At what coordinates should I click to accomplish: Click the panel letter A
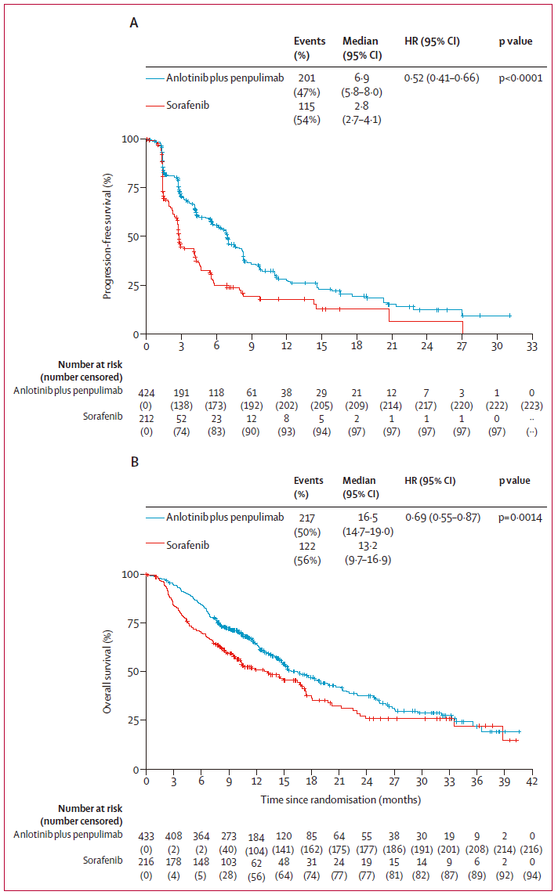[x=134, y=23]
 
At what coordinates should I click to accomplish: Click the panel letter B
[x=134, y=463]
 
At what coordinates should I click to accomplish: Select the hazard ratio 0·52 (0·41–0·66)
[x=441, y=78]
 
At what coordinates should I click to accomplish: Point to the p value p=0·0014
[x=521, y=517]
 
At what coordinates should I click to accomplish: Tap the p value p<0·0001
[x=521, y=78]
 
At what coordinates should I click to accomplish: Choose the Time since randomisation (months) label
[x=340, y=799]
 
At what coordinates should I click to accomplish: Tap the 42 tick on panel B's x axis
[x=531, y=781]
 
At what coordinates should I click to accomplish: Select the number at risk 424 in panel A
[x=147, y=391]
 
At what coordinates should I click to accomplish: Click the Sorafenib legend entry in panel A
[x=191, y=104]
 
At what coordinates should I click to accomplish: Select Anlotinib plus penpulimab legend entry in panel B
[x=213, y=517]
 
